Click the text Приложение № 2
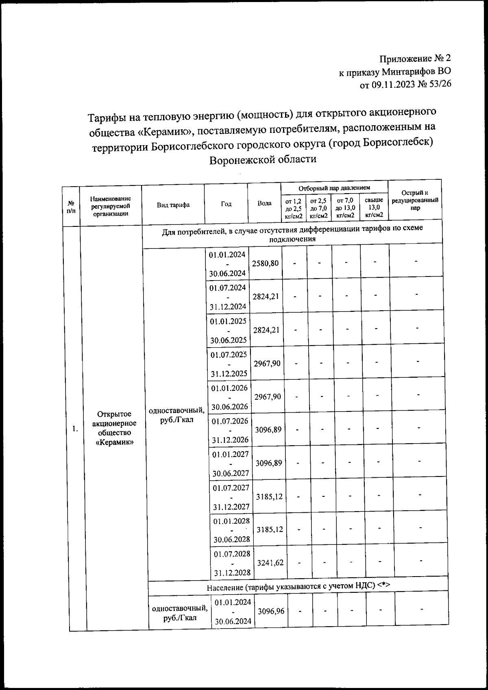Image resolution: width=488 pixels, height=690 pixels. (415, 59)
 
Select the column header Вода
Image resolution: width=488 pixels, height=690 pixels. (265, 204)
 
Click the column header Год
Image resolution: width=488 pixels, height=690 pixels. (226, 204)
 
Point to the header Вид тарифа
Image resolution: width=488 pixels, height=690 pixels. (173, 205)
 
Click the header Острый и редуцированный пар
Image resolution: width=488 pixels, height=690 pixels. (415, 200)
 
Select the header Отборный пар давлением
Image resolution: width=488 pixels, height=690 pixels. (334, 188)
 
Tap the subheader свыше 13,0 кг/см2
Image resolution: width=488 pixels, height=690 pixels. (374, 207)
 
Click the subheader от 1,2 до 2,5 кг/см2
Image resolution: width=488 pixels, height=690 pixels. (294, 208)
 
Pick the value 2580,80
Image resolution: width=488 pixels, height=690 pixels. (266, 263)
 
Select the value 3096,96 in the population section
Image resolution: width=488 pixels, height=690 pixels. (271, 611)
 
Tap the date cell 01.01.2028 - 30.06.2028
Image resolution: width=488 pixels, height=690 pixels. (232, 530)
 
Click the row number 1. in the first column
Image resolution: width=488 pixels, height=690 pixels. (75, 428)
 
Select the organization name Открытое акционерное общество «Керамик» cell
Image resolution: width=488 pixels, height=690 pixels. (114, 428)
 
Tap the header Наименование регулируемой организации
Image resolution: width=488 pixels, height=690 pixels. (111, 206)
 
